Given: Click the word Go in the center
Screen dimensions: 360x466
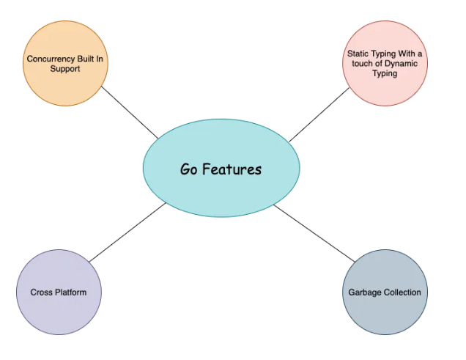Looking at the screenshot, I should pyautogui.click(x=189, y=169).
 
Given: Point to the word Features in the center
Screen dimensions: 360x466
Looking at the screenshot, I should pyautogui.click(x=232, y=169).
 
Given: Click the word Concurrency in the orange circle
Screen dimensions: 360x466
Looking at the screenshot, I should pyautogui.click(x=49, y=59).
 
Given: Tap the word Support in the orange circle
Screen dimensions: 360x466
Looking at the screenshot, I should pyautogui.click(x=65, y=69).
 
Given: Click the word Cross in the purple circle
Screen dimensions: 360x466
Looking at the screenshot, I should pyautogui.click(x=41, y=293).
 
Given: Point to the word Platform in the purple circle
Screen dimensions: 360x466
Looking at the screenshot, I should pyautogui.click(x=70, y=293).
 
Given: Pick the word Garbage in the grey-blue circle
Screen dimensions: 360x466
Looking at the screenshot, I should pyautogui.click(x=363, y=293).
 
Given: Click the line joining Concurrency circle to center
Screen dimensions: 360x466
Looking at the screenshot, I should pyautogui.click(x=130, y=112).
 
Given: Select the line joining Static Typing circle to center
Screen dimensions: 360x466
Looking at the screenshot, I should pyautogui.click(x=319, y=115).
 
